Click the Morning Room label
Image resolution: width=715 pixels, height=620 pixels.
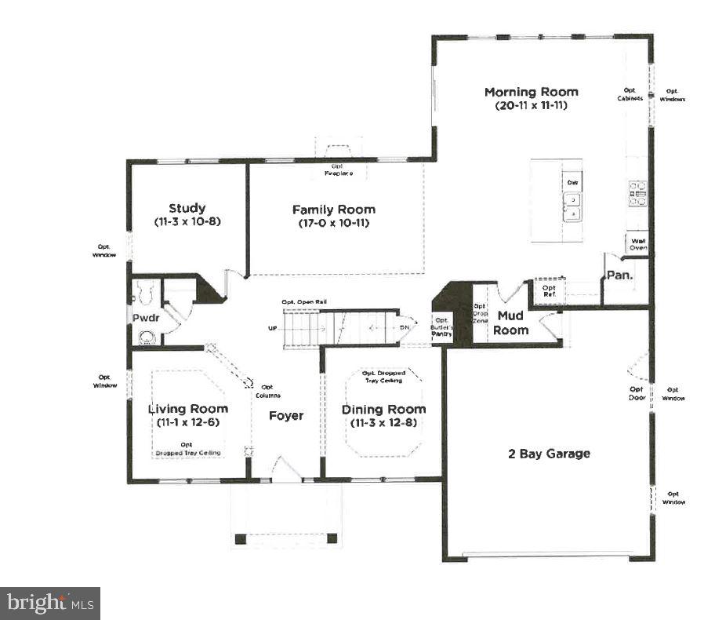pyautogui.click(x=531, y=92)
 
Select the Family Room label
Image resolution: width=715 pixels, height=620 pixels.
pyautogui.click(x=333, y=210)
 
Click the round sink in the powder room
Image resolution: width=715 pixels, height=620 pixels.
pyautogui.click(x=146, y=337)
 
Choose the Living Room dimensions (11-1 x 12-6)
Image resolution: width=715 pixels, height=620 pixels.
pyautogui.click(x=188, y=423)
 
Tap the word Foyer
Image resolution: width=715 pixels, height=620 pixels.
pyautogui.click(x=285, y=415)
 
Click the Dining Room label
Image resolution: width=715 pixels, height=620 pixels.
pyautogui.click(x=383, y=409)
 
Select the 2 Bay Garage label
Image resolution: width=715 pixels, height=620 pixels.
pyautogui.click(x=548, y=454)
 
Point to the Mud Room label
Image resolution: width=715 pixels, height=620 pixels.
pyautogui.click(x=510, y=323)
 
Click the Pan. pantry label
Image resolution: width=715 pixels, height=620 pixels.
pyautogui.click(x=619, y=275)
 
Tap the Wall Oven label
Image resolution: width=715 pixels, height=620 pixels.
pyautogui.click(x=637, y=244)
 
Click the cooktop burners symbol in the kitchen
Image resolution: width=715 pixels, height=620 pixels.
pyautogui.click(x=637, y=193)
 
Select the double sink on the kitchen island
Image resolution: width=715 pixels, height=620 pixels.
pyautogui.click(x=572, y=206)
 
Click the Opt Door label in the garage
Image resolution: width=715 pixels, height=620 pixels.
pyautogui.click(x=637, y=392)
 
